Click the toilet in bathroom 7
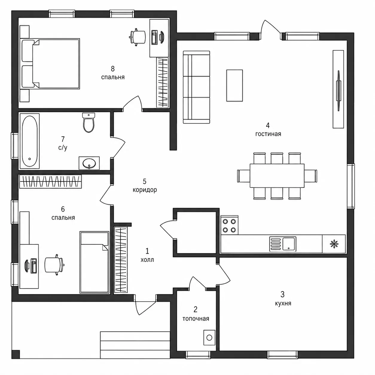coord(89,122)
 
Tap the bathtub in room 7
coord(30,141)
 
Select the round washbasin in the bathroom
coord(89,163)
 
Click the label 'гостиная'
coord(268,134)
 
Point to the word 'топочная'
coord(196,319)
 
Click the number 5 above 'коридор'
coord(144,182)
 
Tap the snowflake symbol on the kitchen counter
coord(334,244)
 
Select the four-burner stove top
coord(229,225)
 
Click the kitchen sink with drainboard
coord(283,244)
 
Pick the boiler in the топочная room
coord(209,338)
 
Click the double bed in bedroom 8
coord(50,64)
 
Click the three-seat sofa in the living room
coord(196,87)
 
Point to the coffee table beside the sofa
coord(234,86)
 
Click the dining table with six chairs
coord(277,176)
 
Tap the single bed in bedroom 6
coord(94,262)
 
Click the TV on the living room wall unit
coord(339,91)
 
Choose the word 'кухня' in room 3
coord(283,304)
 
